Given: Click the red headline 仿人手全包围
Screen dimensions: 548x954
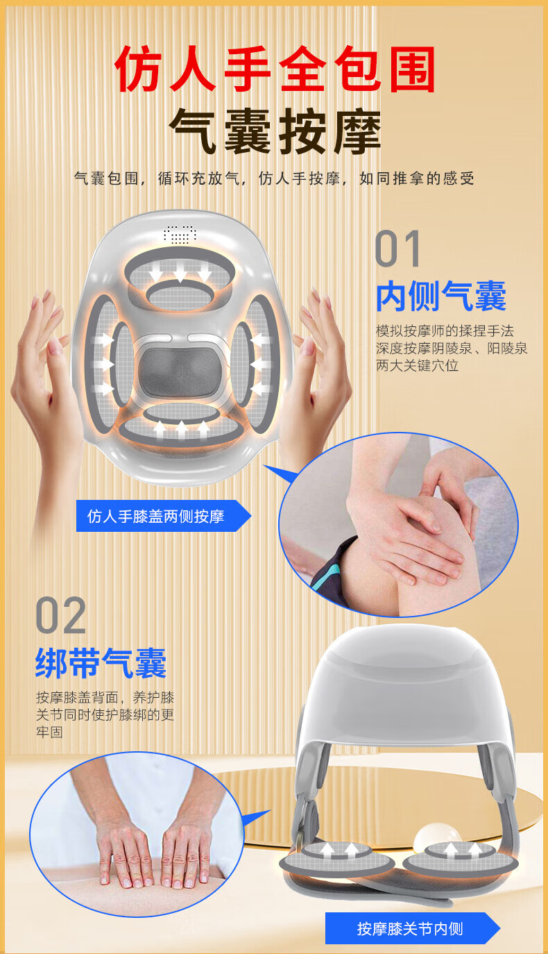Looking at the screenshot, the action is [275, 69].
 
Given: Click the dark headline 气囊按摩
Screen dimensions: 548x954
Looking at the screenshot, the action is [275, 131].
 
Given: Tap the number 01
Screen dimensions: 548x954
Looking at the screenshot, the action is [397, 249].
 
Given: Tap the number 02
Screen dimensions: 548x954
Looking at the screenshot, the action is [60, 615].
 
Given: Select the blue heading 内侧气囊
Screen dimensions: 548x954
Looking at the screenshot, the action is [441, 296].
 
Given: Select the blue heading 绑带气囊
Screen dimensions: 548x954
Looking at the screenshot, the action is [101, 662].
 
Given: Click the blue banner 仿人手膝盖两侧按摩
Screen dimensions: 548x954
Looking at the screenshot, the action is [164, 516].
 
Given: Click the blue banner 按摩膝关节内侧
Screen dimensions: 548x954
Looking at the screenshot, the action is [412, 928].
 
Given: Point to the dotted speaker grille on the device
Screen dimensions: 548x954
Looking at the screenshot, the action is [180, 234].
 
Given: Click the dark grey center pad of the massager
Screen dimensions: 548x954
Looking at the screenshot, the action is [181, 371].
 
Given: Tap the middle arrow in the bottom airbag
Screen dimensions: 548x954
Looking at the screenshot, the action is [182, 428].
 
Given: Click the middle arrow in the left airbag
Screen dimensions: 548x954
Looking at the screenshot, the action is [104, 364].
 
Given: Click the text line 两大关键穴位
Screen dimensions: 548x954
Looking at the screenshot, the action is [417, 365].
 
